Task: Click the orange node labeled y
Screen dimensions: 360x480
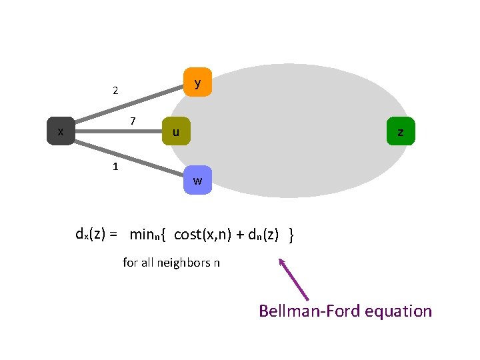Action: click(x=197, y=83)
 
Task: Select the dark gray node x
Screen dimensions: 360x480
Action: click(x=61, y=131)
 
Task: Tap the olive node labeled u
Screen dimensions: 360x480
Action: click(x=176, y=132)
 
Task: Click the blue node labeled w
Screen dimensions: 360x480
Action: click(x=197, y=180)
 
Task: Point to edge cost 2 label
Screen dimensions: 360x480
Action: click(x=115, y=91)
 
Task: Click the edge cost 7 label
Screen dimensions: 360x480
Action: click(x=133, y=121)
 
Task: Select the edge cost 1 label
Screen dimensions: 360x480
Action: click(x=115, y=166)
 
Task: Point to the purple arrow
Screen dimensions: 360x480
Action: click(x=293, y=281)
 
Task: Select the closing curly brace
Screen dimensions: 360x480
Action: click(x=292, y=235)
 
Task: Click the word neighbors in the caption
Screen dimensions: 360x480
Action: click(x=183, y=263)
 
